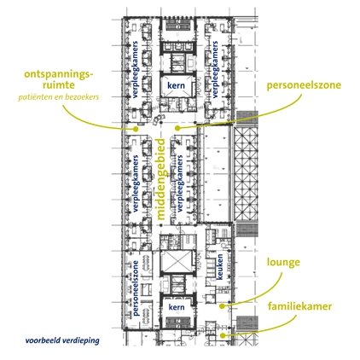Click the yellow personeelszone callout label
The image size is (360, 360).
304,85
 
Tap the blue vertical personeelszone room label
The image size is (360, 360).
136,287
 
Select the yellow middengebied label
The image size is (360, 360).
161,179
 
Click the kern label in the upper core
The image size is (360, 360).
176,85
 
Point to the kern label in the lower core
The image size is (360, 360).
177,307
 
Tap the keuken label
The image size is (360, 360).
220,266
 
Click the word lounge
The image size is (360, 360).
283,262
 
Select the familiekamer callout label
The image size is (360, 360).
299,306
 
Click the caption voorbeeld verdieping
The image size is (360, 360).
62,340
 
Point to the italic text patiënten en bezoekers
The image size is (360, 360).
59,97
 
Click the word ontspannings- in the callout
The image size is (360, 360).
59,75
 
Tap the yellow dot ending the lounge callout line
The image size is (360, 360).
222,306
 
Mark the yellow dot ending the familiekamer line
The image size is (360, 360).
223,335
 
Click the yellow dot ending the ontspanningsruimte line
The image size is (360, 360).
136,129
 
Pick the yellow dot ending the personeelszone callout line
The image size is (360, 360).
177,128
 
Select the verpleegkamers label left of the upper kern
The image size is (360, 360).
135,70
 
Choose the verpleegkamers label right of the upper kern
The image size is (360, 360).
215,70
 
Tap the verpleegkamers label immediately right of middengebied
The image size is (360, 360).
180,183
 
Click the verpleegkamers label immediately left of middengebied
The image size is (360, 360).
136,183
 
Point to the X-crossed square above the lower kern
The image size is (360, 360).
175,261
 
